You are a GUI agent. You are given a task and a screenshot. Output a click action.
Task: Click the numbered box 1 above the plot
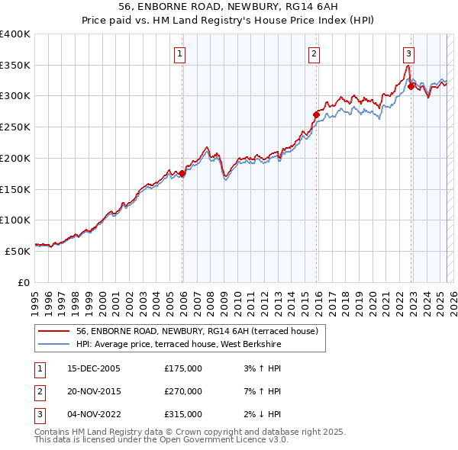point(179,53)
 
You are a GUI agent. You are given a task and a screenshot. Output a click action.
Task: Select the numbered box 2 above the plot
point(314,53)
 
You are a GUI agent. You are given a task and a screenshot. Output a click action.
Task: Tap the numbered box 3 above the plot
point(409,53)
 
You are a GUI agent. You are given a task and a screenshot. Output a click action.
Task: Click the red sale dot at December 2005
point(182,174)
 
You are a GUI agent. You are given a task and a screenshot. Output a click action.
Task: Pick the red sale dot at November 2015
point(316,115)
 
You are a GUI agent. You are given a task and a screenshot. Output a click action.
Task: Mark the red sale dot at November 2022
point(411,86)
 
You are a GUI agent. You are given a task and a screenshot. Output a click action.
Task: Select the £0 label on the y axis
point(23,281)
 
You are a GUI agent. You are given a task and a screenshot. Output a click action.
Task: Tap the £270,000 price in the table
point(183,391)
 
